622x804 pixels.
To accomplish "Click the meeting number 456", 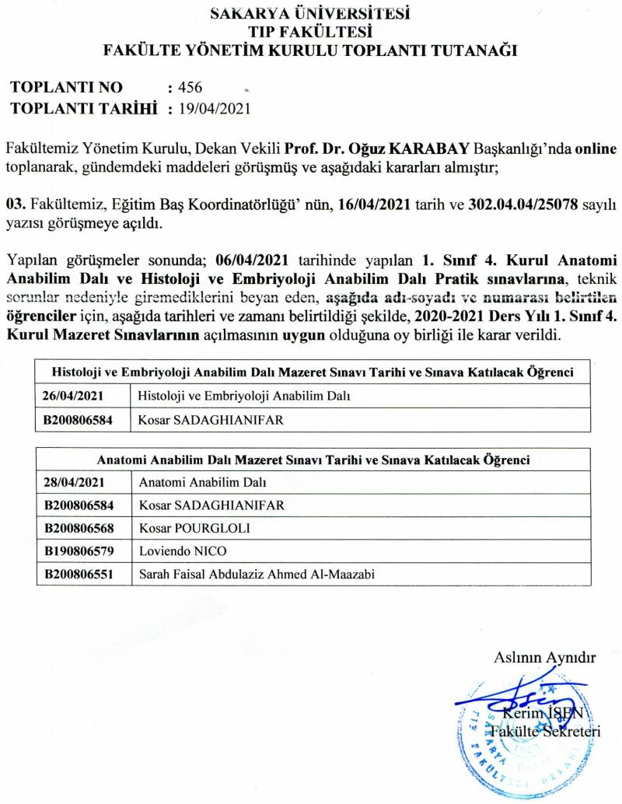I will (x=190, y=87).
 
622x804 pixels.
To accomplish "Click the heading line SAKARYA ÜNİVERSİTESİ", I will (x=311, y=13).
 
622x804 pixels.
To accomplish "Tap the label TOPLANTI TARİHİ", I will (x=85, y=108).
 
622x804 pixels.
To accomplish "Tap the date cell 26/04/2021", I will (x=72, y=396).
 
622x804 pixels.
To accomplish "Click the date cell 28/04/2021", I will (x=72, y=483).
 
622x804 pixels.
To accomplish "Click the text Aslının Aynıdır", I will (x=544, y=657).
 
